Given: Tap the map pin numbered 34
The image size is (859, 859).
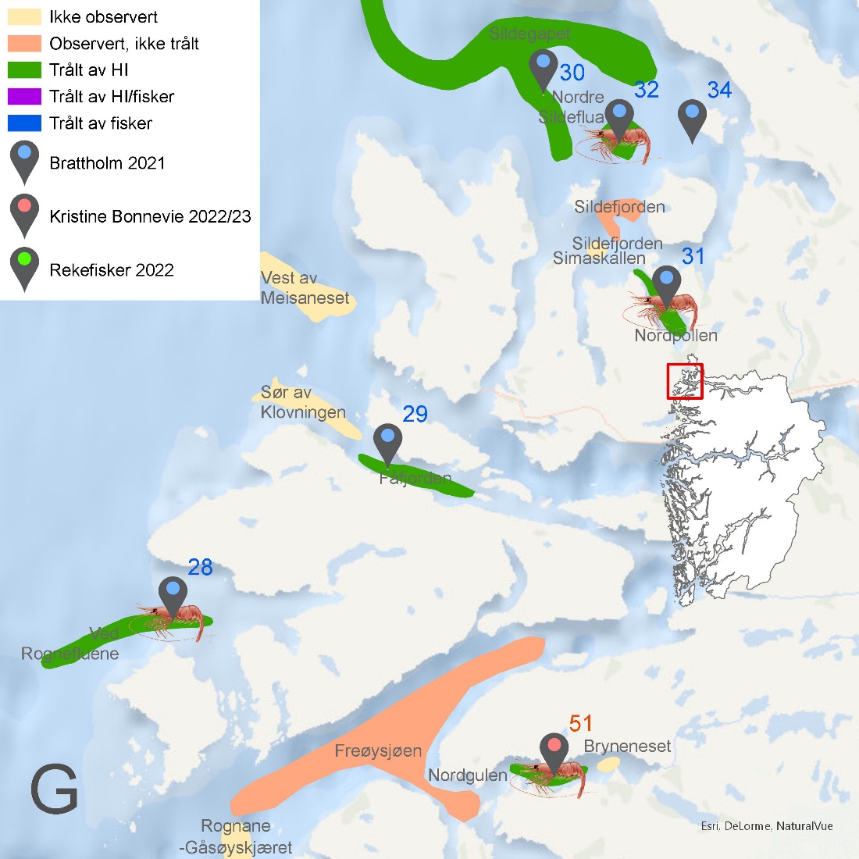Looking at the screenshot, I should point(692,117).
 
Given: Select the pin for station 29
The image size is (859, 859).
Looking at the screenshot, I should point(387,442).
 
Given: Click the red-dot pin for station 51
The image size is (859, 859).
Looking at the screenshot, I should point(554,751).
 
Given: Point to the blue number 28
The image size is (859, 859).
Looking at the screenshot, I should point(200,568).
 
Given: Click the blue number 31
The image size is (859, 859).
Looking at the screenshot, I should point(693,256).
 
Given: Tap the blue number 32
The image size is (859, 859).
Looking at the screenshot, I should point(647,90).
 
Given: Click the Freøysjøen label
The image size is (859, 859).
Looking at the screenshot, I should point(378,751).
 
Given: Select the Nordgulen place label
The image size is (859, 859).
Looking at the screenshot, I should point(468,775).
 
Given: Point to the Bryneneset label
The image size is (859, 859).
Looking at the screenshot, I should point(627,747).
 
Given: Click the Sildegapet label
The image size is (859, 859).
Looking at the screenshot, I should point(529,34).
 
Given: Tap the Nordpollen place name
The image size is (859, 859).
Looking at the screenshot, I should point(675,336).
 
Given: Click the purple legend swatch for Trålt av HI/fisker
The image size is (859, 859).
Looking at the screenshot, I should point(24,97).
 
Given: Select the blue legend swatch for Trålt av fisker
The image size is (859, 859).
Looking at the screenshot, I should point(24,123).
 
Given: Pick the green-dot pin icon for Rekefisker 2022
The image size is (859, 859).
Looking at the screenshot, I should point(24,266).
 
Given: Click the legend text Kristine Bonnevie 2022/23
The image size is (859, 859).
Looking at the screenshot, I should point(150,216).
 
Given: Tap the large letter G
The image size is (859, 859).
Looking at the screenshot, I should point(54,790).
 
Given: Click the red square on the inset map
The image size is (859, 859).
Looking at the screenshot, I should point(685,381).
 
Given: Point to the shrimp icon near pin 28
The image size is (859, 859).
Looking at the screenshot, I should point(176,620).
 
